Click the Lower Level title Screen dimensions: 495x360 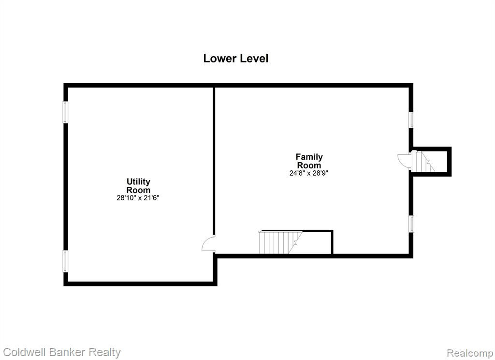pyautogui.click(x=236, y=59)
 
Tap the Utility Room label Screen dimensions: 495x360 pyautogui.click(x=138, y=186)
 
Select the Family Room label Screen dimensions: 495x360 pyautogui.click(x=309, y=161)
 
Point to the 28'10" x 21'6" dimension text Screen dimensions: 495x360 pyautogui.click(x=138, y=198)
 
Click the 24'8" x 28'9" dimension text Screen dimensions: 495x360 pyautogui.click(x=309, y=173)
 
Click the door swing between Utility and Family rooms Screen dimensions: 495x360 pyautogui.click(x=208, y=244)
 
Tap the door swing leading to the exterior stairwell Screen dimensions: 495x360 pyautogui.click(x=405, y=161)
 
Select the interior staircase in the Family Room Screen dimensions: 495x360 pyautogui.click(x=281, y=242)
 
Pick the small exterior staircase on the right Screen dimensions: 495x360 pyautogui.click(x=423, y=162)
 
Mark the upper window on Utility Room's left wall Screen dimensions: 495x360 pyautogui.click(x=65, y=112)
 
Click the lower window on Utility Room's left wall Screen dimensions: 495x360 pyautogui.click(x=65, y=261)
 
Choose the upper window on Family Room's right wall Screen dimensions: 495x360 pyautogui.click(x=411, y=120)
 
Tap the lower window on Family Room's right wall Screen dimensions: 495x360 pyautogui.click(x=411, y=224)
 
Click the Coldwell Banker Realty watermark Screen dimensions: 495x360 pyautogui.click(x=62, y=352)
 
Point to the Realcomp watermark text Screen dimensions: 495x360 pyautogui.click(x=470, y=353)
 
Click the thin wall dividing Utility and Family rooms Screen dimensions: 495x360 pyautogui.click(x=214, y=161)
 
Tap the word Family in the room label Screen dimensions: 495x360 pyautogui.click(x=309, y=157)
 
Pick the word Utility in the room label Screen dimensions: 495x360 pyautogui.click(x=138, y=182)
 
